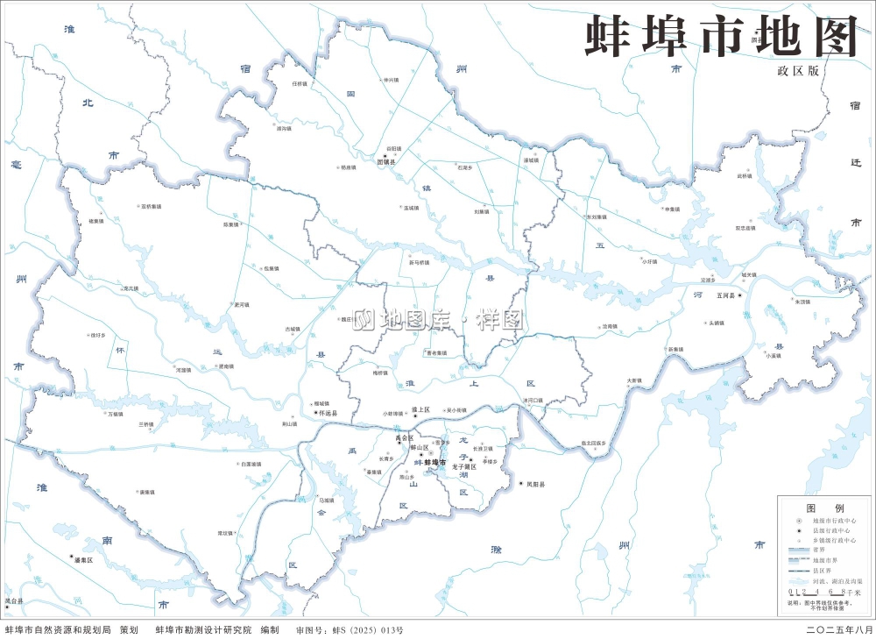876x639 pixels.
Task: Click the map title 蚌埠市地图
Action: (x=720, y=36)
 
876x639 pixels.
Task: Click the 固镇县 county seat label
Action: (x=386, y=162)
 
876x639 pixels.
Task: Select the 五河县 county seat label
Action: (x=728, y=296)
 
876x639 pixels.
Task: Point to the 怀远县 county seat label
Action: (x=327, y=413)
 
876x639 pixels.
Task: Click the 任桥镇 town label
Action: (x=300, y=84)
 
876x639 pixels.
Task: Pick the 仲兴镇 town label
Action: (x=391, y=79)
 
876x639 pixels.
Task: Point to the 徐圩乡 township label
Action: (x=97, y=335)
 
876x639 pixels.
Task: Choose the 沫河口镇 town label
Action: (x=533, y=401)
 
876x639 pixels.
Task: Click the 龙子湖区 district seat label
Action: (x=463, y=467)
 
